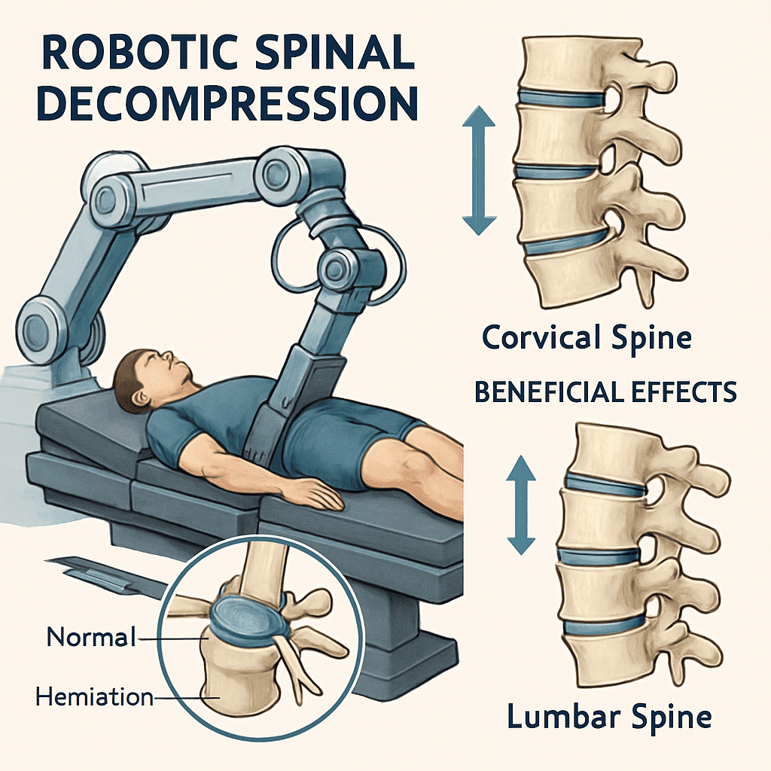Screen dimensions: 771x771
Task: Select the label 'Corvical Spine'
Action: click(x=587, y=337)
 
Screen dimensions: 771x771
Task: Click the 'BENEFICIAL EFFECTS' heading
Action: click(x=605, y=392)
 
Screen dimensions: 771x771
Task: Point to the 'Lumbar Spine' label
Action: click(x=609, y=715)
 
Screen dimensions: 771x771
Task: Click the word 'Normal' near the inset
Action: click(x=91, y=637)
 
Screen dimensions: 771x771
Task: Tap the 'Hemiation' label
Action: click(x=94, y=697)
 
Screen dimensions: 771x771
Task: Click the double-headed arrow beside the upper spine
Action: click(x=480, y=170)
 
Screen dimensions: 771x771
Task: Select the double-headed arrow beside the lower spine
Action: click(x=520, y=505)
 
